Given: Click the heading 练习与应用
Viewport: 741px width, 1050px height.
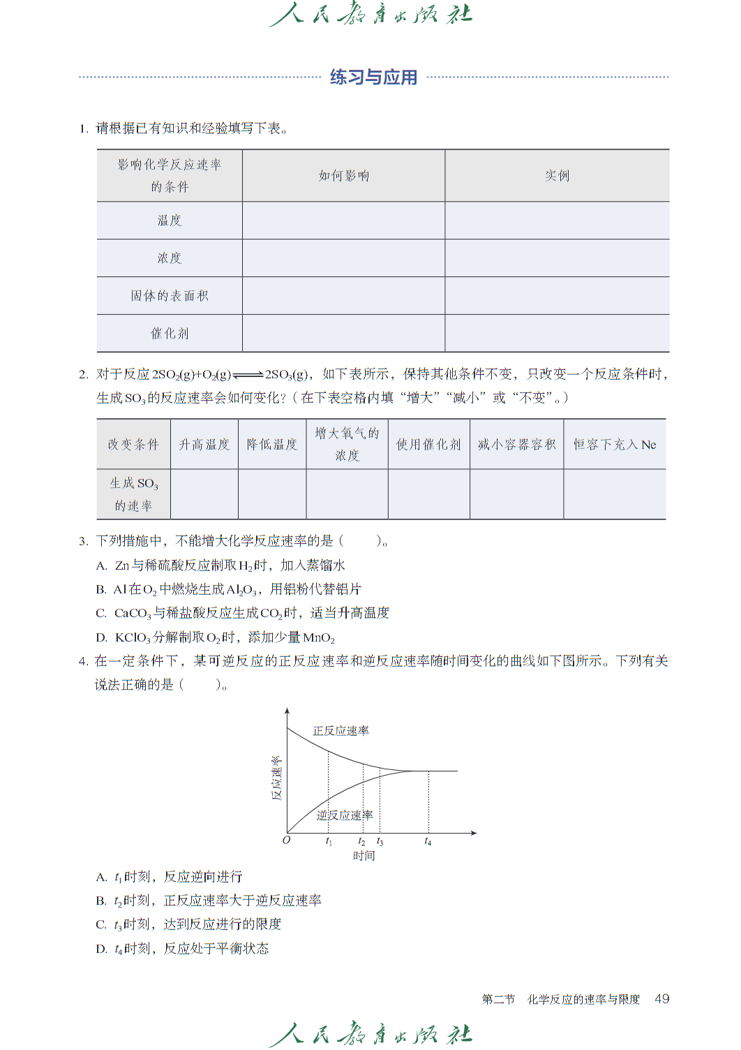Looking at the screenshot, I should point(373,77).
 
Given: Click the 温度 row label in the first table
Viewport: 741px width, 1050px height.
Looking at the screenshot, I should point(170,221).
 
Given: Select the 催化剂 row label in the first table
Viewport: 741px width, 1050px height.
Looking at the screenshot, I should point(170,334).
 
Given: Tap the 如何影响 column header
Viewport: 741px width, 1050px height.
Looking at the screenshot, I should point(343,176).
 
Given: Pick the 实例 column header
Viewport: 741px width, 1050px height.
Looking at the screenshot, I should point(557,176).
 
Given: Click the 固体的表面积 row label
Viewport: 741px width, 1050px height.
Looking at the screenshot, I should point(170,296).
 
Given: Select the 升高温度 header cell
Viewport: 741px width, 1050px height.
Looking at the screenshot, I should point(204,445).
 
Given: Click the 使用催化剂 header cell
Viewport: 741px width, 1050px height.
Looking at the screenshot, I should point(428,445).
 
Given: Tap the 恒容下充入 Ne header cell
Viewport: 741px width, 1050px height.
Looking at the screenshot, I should point(615,445).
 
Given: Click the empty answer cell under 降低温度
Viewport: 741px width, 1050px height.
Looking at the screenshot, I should point(272,494).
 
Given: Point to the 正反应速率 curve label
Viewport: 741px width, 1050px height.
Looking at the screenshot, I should point(340,731).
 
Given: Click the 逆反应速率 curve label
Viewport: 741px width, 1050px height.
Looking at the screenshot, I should point(345,815).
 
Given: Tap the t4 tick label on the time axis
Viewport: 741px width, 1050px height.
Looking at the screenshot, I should point(428,842).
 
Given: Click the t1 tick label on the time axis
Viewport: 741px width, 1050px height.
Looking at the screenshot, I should point(329,842).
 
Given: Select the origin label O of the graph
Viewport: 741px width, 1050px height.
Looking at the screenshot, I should point(285,841).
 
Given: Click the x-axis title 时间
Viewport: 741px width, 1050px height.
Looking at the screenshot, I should point(364,856).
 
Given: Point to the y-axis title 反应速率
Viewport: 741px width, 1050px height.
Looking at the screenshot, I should point(276,778).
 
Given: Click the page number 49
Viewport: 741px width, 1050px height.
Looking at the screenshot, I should point(661,999).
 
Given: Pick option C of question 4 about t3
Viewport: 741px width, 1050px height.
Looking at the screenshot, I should point(190,924).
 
